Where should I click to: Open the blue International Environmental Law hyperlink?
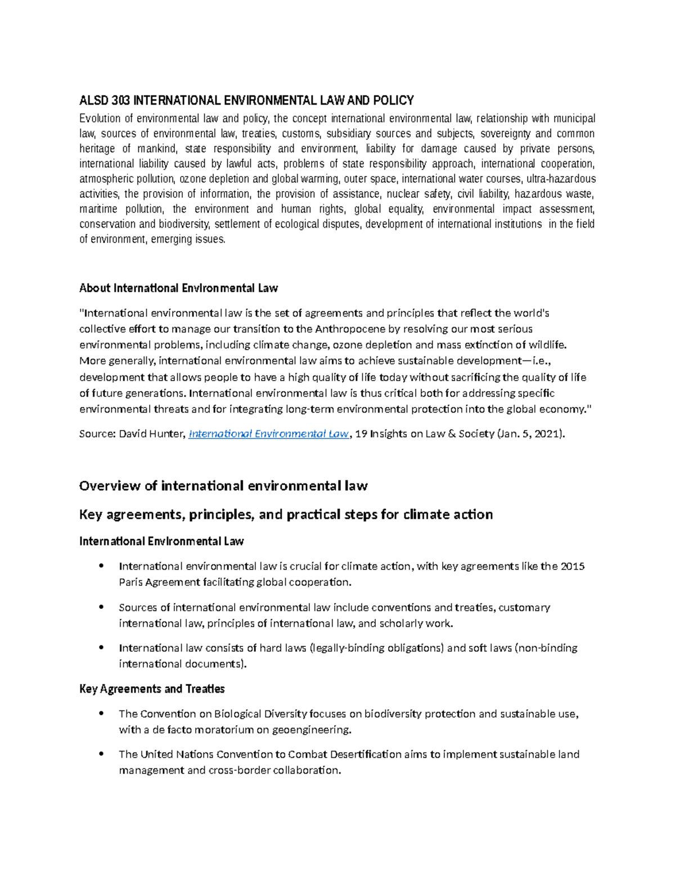[269, 434]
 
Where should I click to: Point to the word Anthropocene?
[347, 329]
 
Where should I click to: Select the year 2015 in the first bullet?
[573, 566]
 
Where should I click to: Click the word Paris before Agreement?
[130, 582]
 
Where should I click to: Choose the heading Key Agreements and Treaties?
[152, 689]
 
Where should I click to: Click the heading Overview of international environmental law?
[223, 486]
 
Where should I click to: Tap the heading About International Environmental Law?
[178, 288]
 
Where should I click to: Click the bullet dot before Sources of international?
[101, 607]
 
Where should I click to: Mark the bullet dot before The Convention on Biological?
[101, 714]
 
